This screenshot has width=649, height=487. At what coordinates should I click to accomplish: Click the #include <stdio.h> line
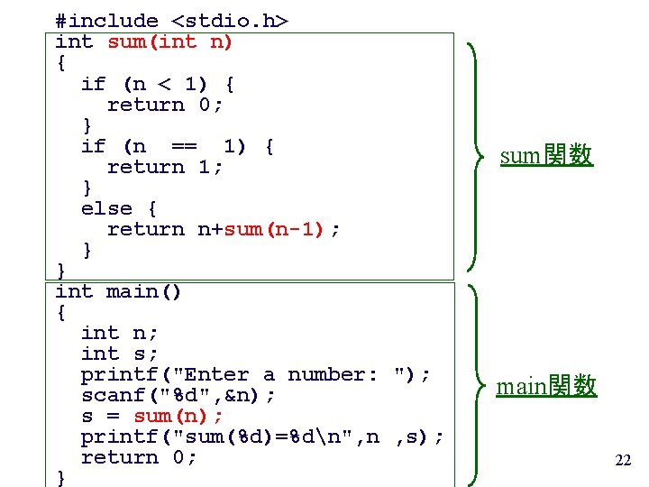(x=171, y=21)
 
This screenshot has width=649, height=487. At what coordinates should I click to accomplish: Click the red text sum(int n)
(x=170, y=41)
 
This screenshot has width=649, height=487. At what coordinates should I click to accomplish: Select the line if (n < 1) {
(x=158, y=84)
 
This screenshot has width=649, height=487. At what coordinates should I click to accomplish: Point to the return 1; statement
(x=165, y=167)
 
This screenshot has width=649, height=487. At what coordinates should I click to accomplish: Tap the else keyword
(x=105, y=208)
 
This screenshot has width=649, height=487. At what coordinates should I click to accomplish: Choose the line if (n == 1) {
(x=178, y=146)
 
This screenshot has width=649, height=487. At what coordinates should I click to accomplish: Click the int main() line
(x=118, y=291)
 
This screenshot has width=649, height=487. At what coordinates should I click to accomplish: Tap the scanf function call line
(x=178, y=395)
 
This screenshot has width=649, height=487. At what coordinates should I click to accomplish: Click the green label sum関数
(x=546, y=155)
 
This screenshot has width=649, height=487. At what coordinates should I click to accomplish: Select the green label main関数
(x=546, y=387)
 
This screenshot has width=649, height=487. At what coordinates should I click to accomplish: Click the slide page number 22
(x=623, y=461)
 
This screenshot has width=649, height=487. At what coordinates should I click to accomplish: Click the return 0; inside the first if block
(x=165, y=105)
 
